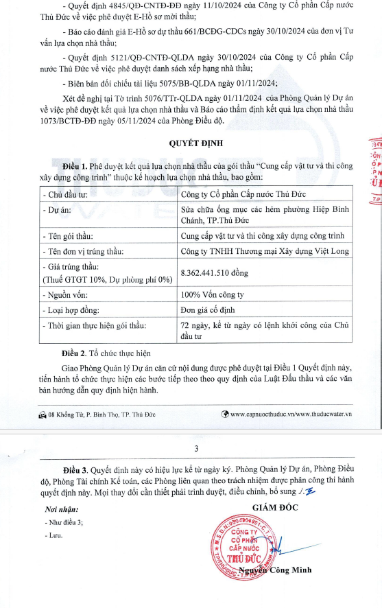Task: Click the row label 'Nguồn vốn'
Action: pos(67,294)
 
